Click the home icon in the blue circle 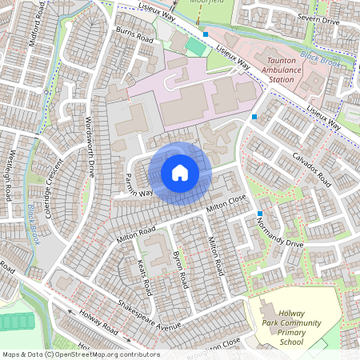coord(180,172)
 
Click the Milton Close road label coord(225,204)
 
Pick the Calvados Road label coord(311,169)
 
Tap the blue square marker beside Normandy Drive coord(260,213)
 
